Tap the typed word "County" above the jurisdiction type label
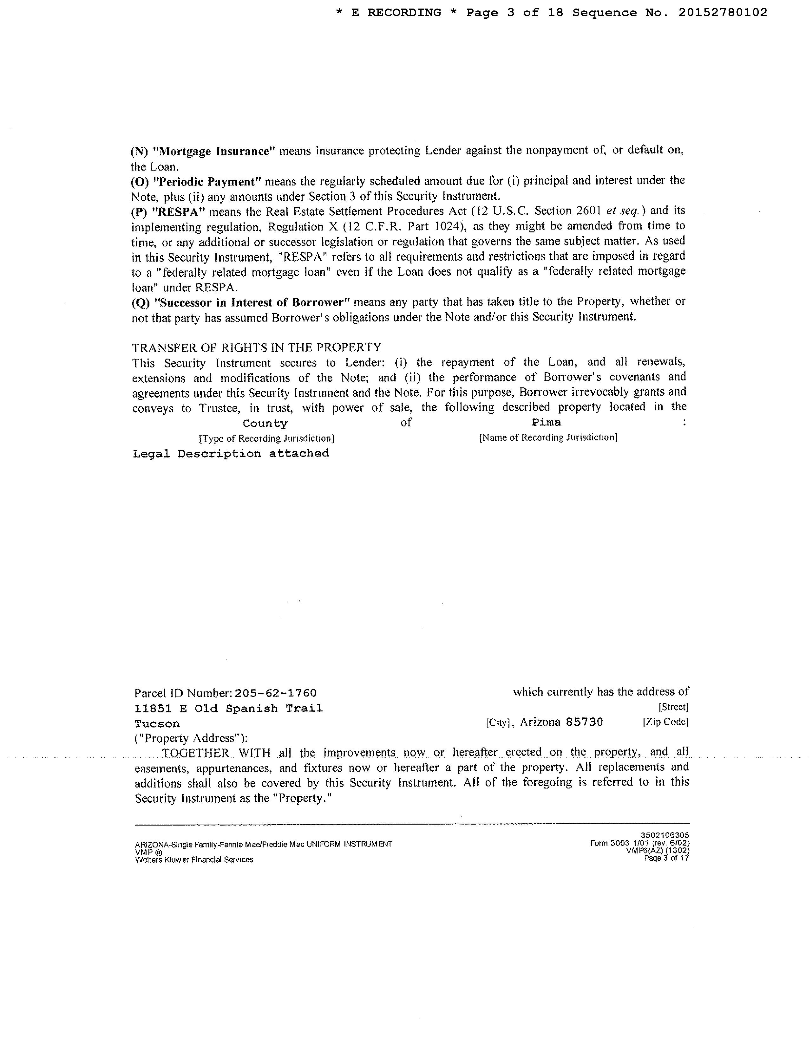tap(265, 424)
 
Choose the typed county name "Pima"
tap(546, 423)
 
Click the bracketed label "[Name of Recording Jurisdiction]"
tap(548, 437)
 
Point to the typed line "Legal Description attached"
tap(231, 453)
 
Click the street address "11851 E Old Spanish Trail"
tap(228, 709)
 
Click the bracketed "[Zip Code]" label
tap(665, 722)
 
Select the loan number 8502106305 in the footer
tap(665, 836)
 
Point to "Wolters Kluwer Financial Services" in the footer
tap(194, 859)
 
